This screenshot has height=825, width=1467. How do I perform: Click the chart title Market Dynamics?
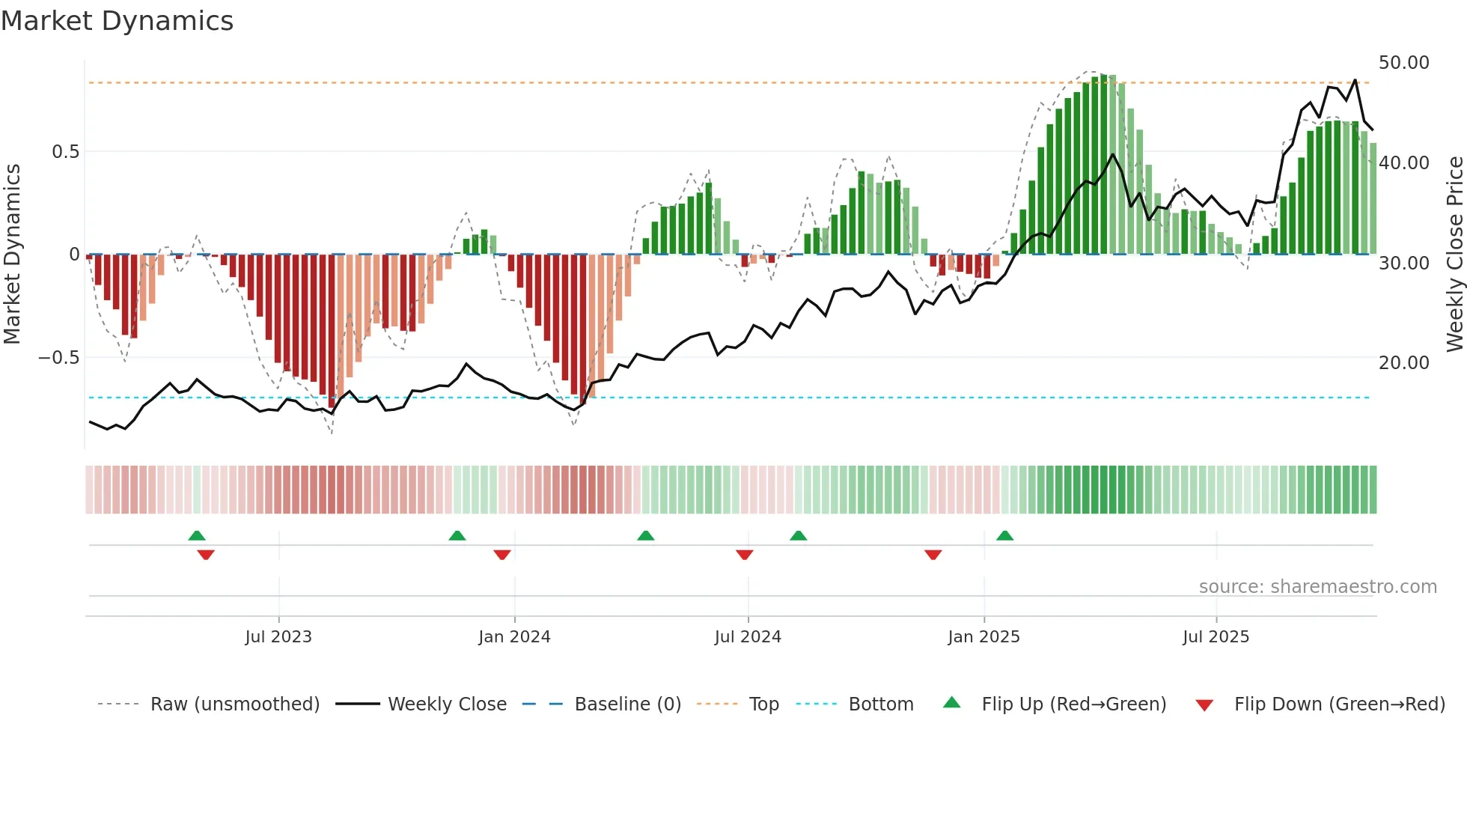tap(118, 21)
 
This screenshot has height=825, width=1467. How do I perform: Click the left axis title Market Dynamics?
tap(12, 255)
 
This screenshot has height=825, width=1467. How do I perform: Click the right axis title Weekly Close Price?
tap(1454, 255)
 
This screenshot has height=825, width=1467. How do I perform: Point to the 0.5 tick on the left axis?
tap(65, 152)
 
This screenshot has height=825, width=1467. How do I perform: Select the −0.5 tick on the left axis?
tap(59, 358)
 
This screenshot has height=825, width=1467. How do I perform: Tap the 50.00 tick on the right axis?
tap(1403, 63)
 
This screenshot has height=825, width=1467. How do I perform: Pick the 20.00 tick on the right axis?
tap(1403, 363)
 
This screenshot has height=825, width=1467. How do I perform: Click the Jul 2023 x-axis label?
tap(278, 637)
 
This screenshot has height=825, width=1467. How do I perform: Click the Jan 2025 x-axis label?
tap(983, 637)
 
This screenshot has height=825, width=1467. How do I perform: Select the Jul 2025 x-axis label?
tap(1216, 637)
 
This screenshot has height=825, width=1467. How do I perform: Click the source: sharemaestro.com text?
tap(1317, 587)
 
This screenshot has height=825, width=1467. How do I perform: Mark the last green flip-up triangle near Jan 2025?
tap(1004, 536)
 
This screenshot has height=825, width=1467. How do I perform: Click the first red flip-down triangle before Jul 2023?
tap(206, 555)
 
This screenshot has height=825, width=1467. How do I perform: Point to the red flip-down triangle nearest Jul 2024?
tap(744, 555)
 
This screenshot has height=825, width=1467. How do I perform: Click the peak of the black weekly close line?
tap(1355, 80)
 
